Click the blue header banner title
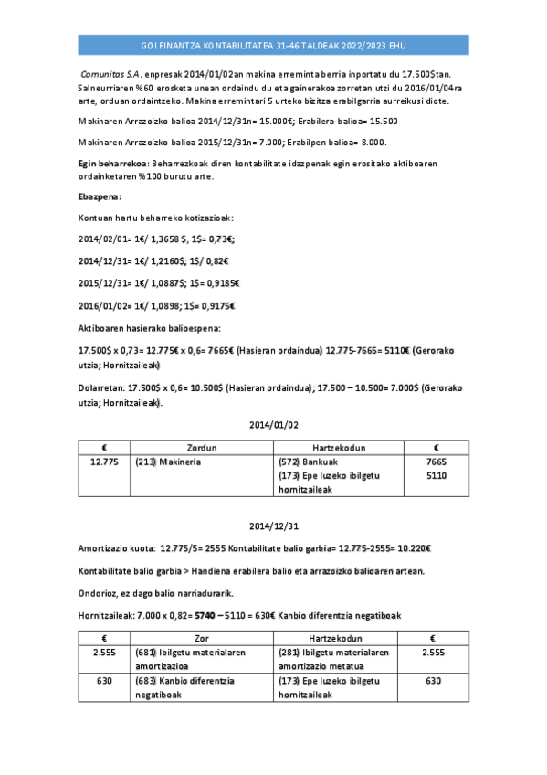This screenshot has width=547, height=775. (273, 45)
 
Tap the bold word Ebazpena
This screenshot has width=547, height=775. (100, 196)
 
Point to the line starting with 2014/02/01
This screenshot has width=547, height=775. (156, 239)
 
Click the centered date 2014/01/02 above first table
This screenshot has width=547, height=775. (273, 424)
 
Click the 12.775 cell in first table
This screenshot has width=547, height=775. (105, 462)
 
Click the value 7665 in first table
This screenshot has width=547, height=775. (437, 462)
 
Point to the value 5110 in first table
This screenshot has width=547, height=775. (437, 475)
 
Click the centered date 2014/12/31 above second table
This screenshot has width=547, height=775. (273, 526)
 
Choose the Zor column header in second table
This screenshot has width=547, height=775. (203, 638)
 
